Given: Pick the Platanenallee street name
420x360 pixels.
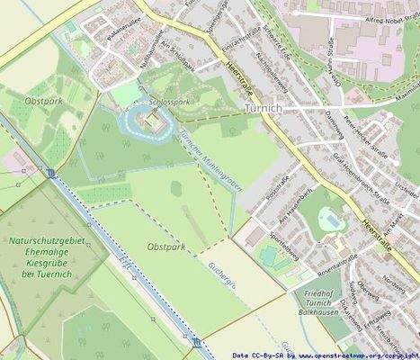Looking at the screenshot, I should pyautogui.click(x=123, y=42).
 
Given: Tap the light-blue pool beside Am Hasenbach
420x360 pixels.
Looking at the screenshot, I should pyautogui.click(x=331, y=220).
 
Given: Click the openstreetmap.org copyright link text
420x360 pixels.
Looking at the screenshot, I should pyautogui.click(x=358, y=355).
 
